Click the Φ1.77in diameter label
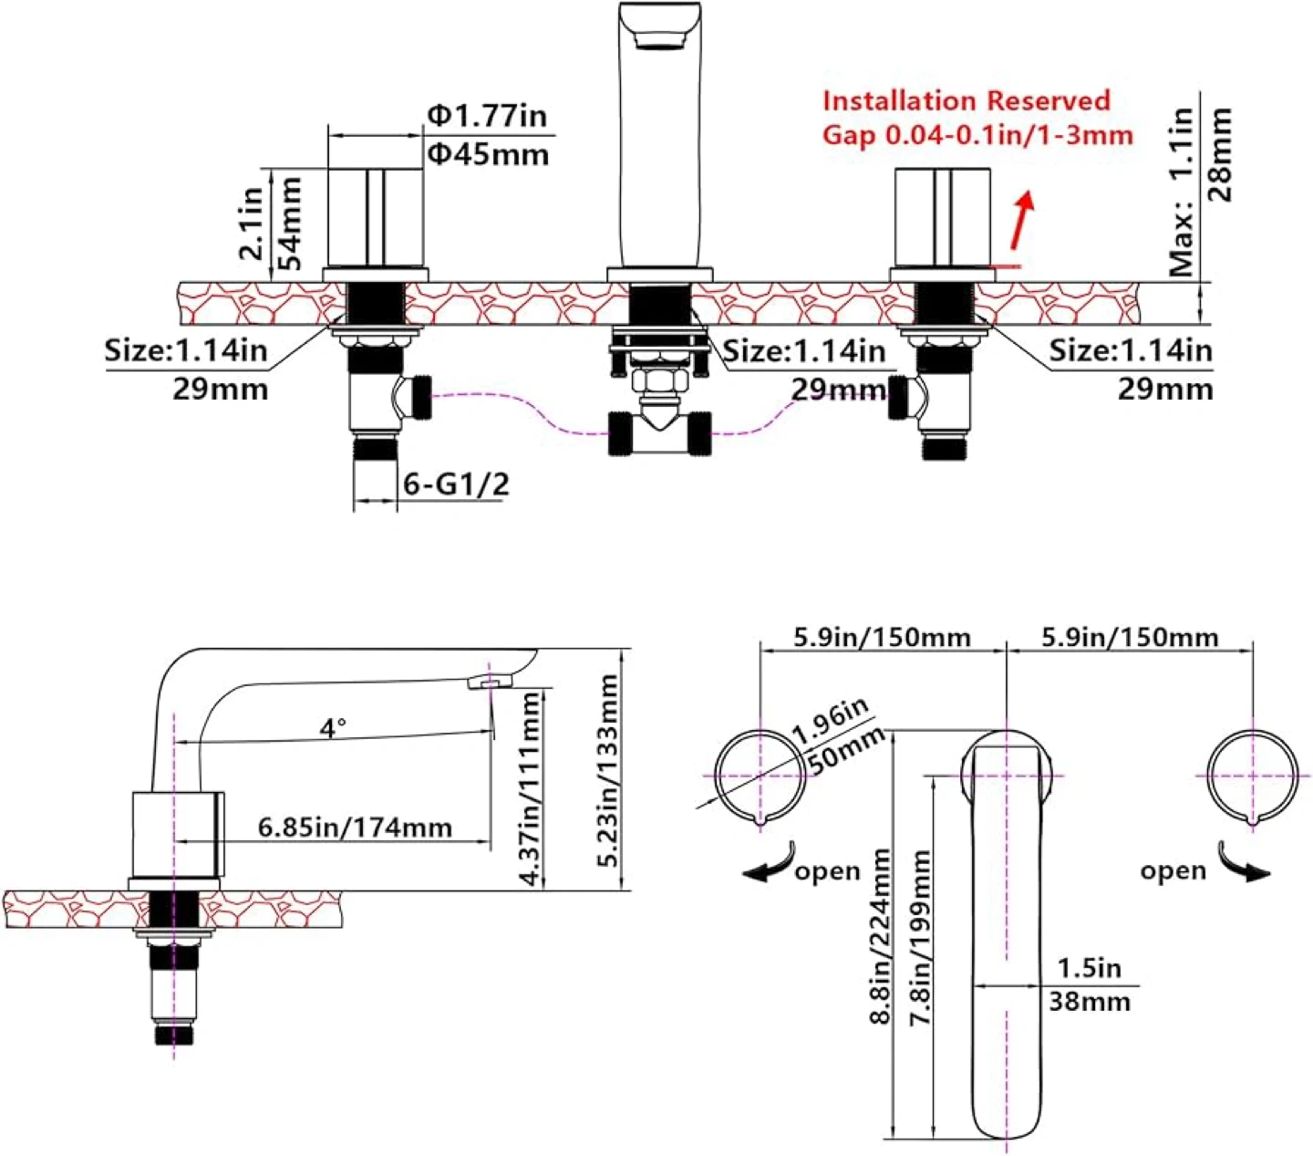click(488, 116)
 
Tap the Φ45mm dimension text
click(490, 154)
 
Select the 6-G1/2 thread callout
click(456, 484)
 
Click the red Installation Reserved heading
click(967, 100)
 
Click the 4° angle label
click(333, 727)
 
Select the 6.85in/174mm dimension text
click(355, 828)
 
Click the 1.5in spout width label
click(1089, 967)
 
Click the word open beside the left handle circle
click(827, 872)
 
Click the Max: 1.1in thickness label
click(1182, 192)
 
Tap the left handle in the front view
click(375, 218)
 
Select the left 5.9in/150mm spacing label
click(882, 637)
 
